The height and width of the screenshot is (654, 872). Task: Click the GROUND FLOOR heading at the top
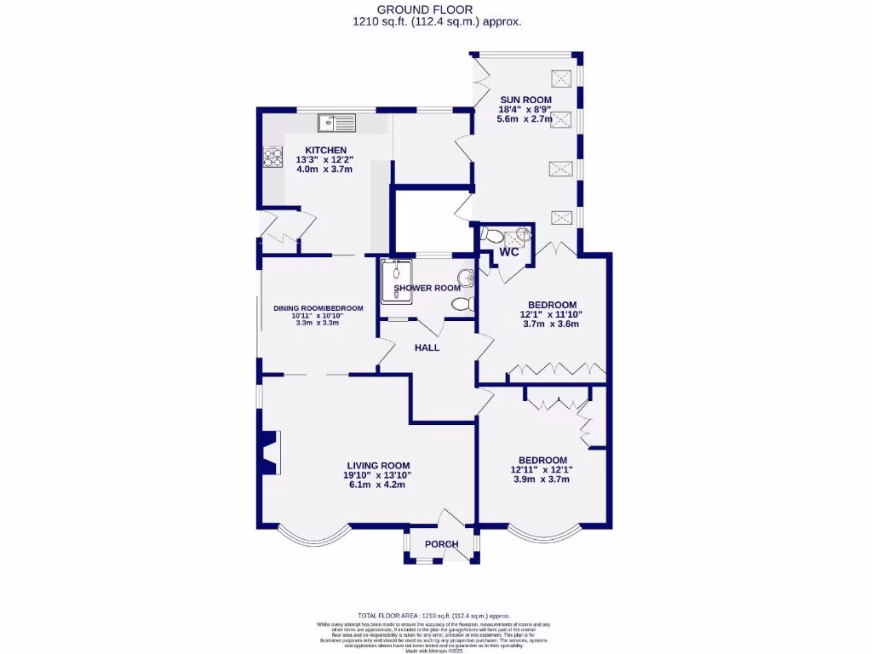(436, 9)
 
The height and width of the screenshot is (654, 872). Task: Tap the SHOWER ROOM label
(427, 288)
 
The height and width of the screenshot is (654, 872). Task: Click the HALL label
(427, 347)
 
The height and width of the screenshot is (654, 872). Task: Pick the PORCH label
(441, 544)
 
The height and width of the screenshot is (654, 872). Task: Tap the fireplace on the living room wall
(270, 453)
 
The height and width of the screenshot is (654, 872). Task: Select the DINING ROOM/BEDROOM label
(318, 308)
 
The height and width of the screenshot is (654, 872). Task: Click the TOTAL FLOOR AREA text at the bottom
(435, 615)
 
